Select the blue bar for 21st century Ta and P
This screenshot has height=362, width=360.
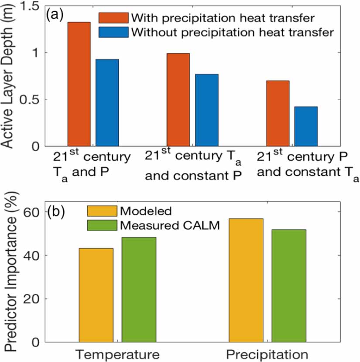pyautogui.click(x=107, y=102)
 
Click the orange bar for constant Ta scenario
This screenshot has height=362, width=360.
pyautogui.click(x=278, y=113)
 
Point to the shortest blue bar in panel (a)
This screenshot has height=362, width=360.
pyautogui.click(x=306, y=126)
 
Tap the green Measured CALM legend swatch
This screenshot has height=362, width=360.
pyautogui.click(x=102, y=225)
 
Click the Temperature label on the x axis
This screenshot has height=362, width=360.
pyautogui.click(x=116, y=353)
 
